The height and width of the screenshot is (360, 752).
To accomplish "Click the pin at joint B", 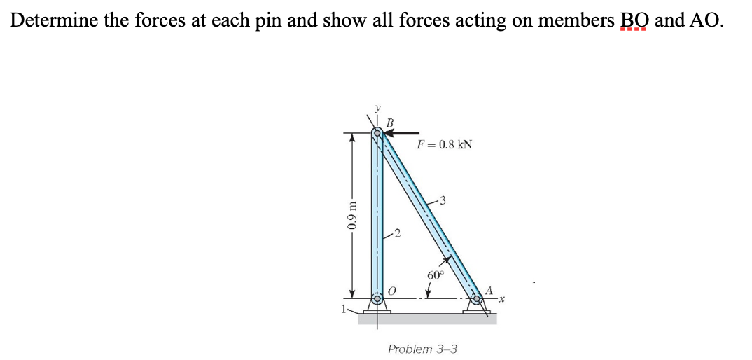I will tap(377, 132).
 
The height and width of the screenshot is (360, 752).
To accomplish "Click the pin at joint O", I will tap(377, 299).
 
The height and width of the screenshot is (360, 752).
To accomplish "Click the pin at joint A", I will tap(478, 299).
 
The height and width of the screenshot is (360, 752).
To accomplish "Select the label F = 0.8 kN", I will tap(444, 145).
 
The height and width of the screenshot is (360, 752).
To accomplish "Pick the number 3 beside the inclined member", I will tap(442, 201).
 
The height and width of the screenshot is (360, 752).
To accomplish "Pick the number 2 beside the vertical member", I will tap(397, 233).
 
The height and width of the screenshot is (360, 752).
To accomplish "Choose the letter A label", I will tap(489, 289).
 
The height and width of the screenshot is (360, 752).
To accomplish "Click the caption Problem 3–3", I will tap(422, 348).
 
